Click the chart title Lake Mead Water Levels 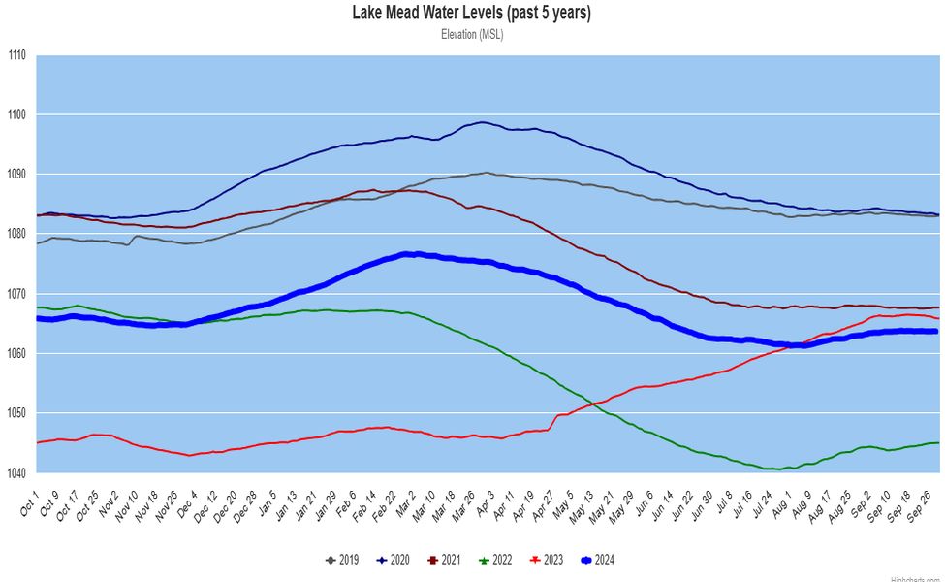(471, 13)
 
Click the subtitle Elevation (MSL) (471, 34)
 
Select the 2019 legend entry (343, 560)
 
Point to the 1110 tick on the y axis (17, 55)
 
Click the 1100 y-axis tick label (17, 114)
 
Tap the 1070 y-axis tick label (17, 294)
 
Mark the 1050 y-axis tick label (17, 413)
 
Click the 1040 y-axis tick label (17, 473)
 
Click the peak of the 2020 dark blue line (483, 122)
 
